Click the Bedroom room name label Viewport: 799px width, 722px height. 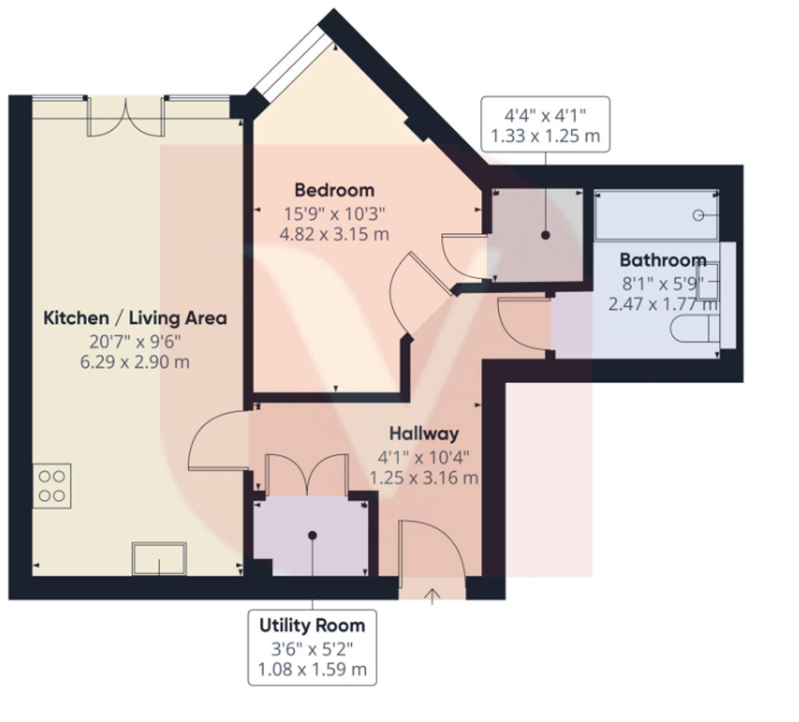click(334, 190)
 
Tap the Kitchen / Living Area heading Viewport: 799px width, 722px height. click(135, 318)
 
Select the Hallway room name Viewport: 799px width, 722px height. click(424, 434)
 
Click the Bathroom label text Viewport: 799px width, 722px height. click(662, 260)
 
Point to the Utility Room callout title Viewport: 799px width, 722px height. click(312, 625)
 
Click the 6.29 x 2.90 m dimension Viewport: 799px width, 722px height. click(135, 362)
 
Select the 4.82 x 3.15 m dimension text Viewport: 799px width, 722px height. click(334, 234)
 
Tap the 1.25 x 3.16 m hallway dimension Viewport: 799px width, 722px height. click(424, 478)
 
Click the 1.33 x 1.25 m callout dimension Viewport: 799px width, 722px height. click(545, 134)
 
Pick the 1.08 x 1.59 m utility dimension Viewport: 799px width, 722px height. click(312, 669)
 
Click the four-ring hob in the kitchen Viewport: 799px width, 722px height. click(52, 486)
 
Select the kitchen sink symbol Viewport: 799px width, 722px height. click(159, 559)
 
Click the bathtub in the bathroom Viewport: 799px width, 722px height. click(655, 215)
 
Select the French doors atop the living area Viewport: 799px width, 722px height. click(127, 117)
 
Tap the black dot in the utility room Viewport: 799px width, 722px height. click(312, 536)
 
